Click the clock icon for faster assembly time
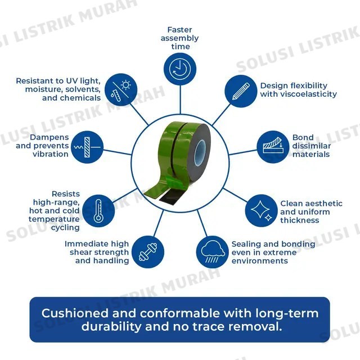tap(180, 69)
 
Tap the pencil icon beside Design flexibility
tap(241, 91)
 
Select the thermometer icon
tap(98, 211)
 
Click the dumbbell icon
tap(148, 252)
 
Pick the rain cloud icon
tap(213, 252)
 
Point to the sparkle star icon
tap(261, 211)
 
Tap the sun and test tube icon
tap(121, 90)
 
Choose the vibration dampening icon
tap(87, 147)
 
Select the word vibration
tap(51, 154)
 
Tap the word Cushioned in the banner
tap(75, 313)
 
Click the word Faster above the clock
tap(179, 30)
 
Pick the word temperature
tap(54, 219)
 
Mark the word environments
tap(260, 261)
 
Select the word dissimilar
tap(312, 146)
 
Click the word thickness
tap(300, 220)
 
